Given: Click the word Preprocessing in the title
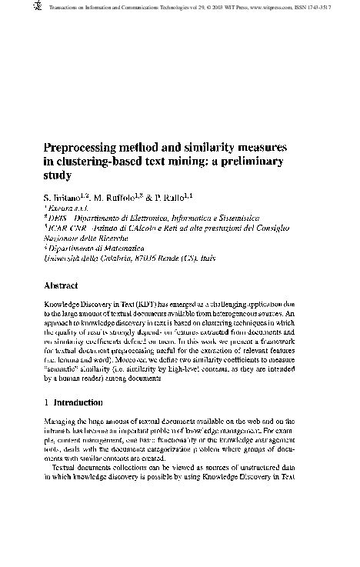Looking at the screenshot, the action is [88, 147].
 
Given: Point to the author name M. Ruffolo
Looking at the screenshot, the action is [119, 197].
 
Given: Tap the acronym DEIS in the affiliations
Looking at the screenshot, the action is [58, 218].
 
